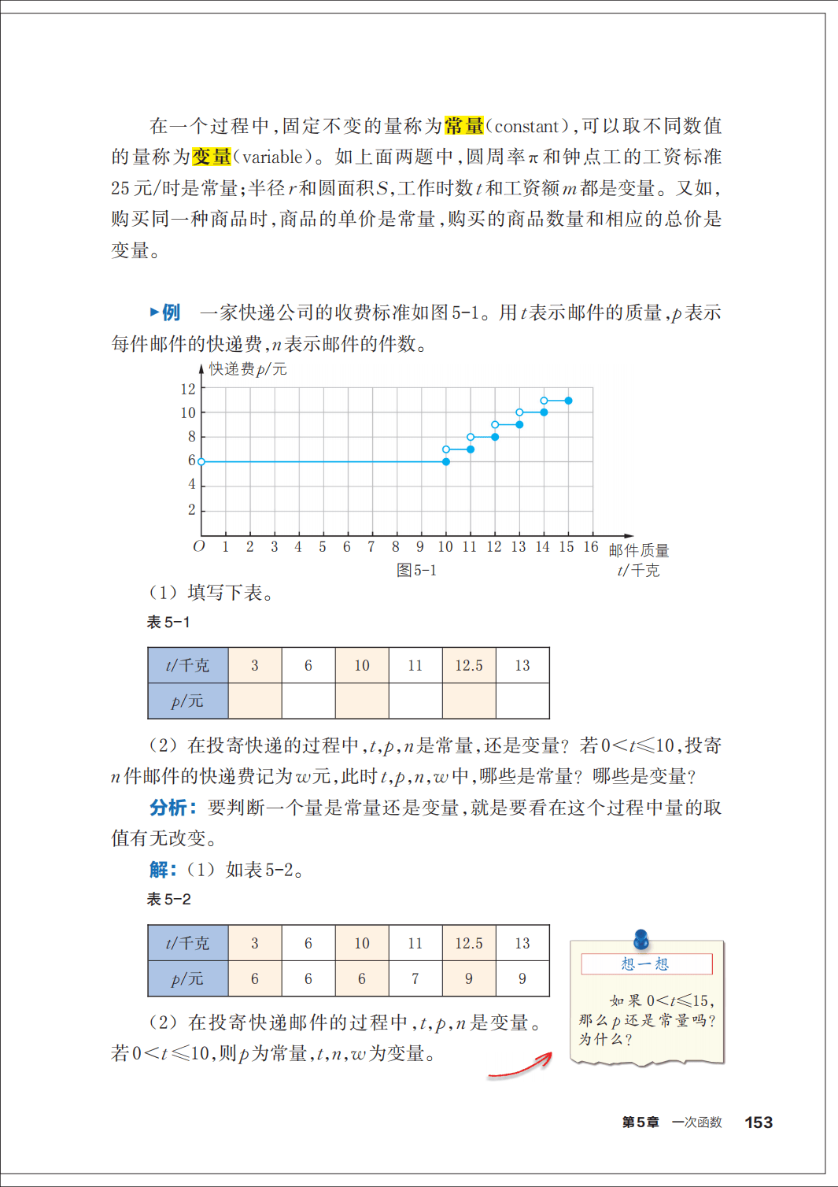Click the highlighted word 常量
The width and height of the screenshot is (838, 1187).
[464, 126]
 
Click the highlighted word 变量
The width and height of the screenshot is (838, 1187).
[212, 157]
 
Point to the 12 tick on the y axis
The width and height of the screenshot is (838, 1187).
[188, 389]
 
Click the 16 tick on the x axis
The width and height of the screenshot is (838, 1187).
[591, 547]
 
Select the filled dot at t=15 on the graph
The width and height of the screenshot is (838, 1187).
[568, 401]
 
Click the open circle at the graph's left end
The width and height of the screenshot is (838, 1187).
[201, 462]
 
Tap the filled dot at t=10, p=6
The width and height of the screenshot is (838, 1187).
[446, 462]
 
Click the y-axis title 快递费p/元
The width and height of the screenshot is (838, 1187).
[248, 369]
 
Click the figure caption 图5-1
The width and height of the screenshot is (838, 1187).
[416, 570]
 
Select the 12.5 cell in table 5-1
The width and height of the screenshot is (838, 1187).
[469, 665]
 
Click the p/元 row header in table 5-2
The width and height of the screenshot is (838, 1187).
[188, 978]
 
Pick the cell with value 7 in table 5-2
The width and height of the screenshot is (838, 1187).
[415, 978]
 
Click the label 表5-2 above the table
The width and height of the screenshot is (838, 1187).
[169, 899]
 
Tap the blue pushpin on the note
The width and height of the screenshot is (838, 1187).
[641, 938]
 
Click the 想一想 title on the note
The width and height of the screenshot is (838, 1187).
[645, 964]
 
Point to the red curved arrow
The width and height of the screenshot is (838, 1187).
[521, 1066]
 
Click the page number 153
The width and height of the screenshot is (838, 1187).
[759, 1122]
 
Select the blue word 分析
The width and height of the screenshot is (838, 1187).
[168, 808]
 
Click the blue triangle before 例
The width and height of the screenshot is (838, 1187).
[154, 312]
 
